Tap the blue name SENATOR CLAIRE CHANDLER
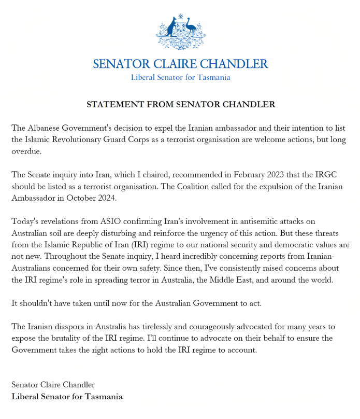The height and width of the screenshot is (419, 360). (x=180, y=64)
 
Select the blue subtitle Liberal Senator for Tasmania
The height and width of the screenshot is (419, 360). (x=180, y=77)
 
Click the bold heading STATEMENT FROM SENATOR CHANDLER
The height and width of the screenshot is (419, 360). (x=180, y=104)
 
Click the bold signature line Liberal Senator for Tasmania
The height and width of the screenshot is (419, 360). (x=67, y=397)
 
